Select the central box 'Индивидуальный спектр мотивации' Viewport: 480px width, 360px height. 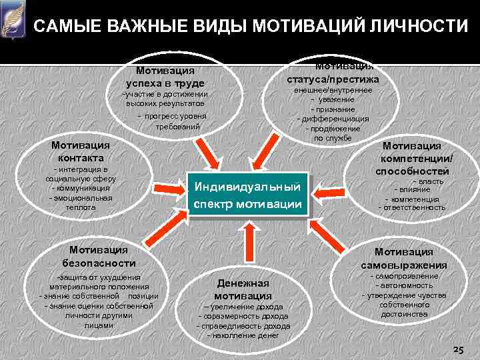point(249,193)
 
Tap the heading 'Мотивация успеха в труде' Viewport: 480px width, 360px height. point(165,77)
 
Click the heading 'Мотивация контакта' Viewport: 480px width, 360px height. point(76,151)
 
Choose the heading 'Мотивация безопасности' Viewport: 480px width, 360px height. point(98,256)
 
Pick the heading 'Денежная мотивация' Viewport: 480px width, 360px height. point(243,289)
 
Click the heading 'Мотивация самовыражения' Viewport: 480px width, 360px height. point(403,258)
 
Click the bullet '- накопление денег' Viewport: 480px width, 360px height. point(243,335)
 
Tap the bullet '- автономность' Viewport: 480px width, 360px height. point(403,285)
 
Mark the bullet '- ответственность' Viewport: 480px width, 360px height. point(411,207)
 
